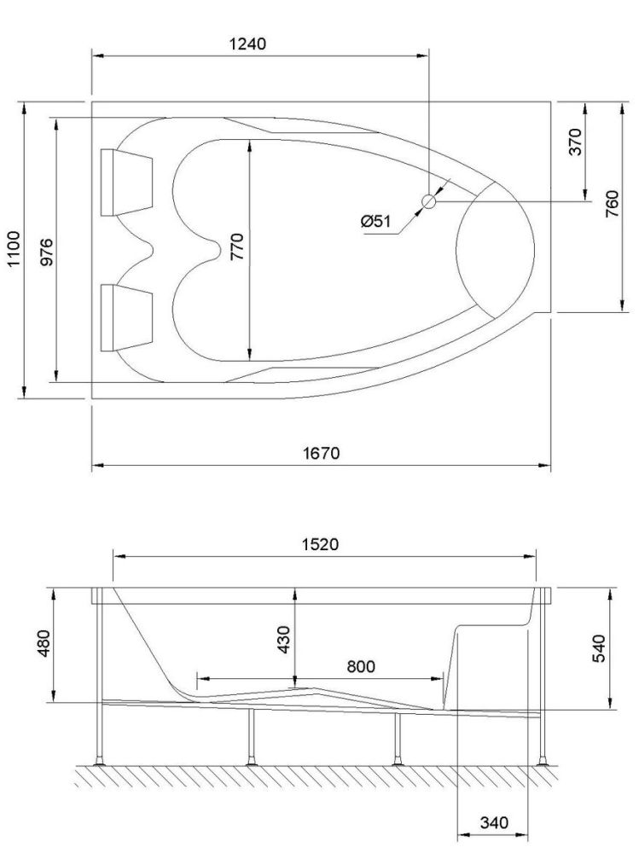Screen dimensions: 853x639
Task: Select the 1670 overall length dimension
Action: [323, 453]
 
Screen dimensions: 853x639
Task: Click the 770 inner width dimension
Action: [237, 250]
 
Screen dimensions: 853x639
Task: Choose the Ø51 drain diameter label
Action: [375, 221]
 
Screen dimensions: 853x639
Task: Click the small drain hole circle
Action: [429, 201]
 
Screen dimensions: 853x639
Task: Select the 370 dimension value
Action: [575, 142]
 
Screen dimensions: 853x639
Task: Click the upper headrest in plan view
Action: [126, 182]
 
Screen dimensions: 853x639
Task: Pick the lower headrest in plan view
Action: [126, 317]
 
